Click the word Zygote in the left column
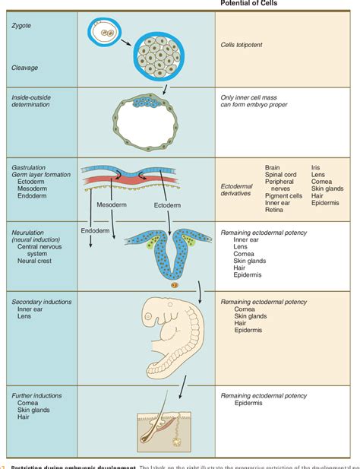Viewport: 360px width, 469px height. click(x=21, y=25)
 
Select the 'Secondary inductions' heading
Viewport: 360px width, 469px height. click(x=41, y=302)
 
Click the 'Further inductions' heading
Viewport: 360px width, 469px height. click(x=36, y=396)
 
